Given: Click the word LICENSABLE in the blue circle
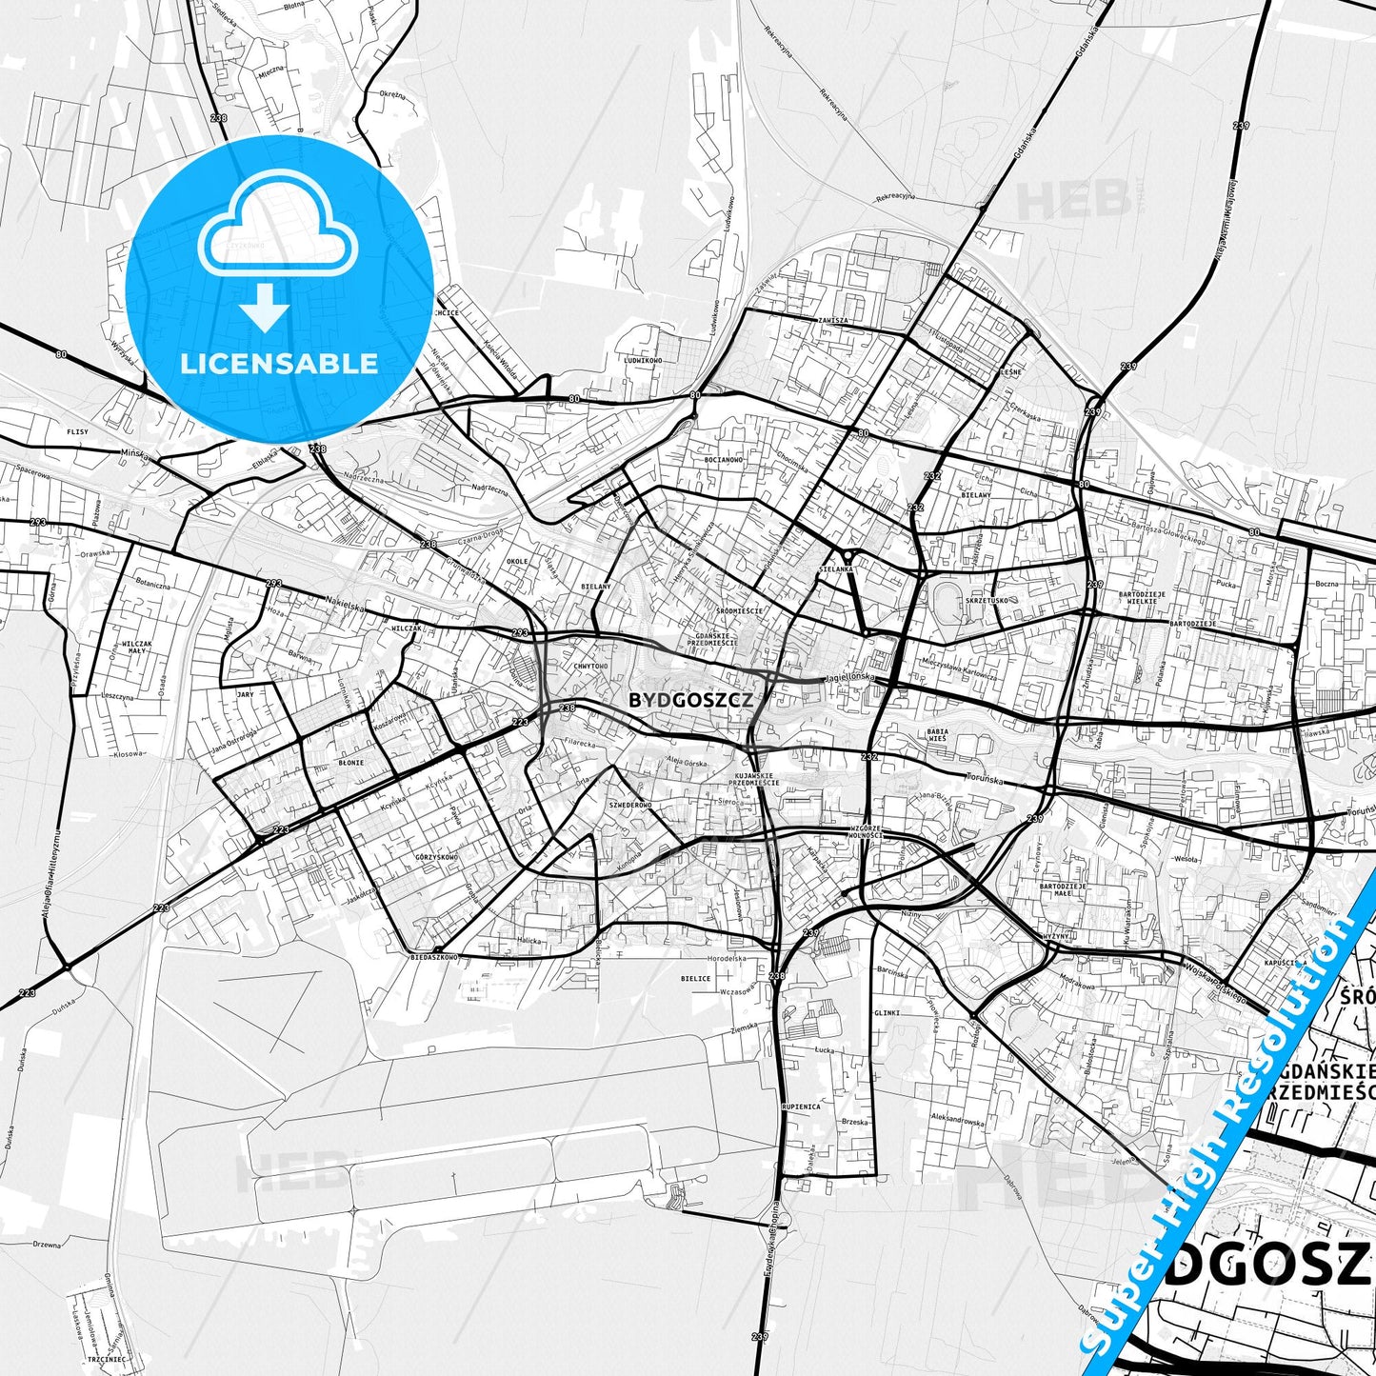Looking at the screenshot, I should tap(279, 364).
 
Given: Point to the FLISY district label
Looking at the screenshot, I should tap(77, 432).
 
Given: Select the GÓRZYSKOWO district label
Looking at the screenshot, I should tap(436, 857).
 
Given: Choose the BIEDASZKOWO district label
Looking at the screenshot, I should tap(433, 957).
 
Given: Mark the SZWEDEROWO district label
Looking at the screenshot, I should tap(630, 806).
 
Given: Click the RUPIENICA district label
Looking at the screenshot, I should tap(800, 1107).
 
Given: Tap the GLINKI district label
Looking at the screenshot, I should tap(887, 1013).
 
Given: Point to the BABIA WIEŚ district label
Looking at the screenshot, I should tap(937, 734).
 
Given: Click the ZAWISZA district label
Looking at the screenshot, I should tap(831, 321).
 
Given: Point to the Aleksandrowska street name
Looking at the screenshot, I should tap(958, 1121).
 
